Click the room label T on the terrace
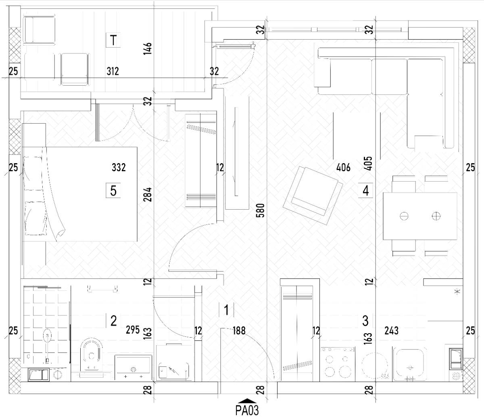(113, 40)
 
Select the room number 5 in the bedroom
(113, 191)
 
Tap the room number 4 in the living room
(365, 191)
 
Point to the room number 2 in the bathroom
(113, 321)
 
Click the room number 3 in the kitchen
(365, 321)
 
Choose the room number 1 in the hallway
(226, 310)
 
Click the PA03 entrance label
(247, 411)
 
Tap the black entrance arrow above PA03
(247, 401)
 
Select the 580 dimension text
(261, 210)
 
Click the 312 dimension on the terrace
(113, 71)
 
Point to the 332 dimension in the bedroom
(119, 168)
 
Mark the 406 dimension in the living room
(343, 168)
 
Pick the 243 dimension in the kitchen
(391, 331)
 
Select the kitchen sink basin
(409, 364)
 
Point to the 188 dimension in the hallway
(239, 331)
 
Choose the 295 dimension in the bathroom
(133, 330)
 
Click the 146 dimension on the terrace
(148, 49)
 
